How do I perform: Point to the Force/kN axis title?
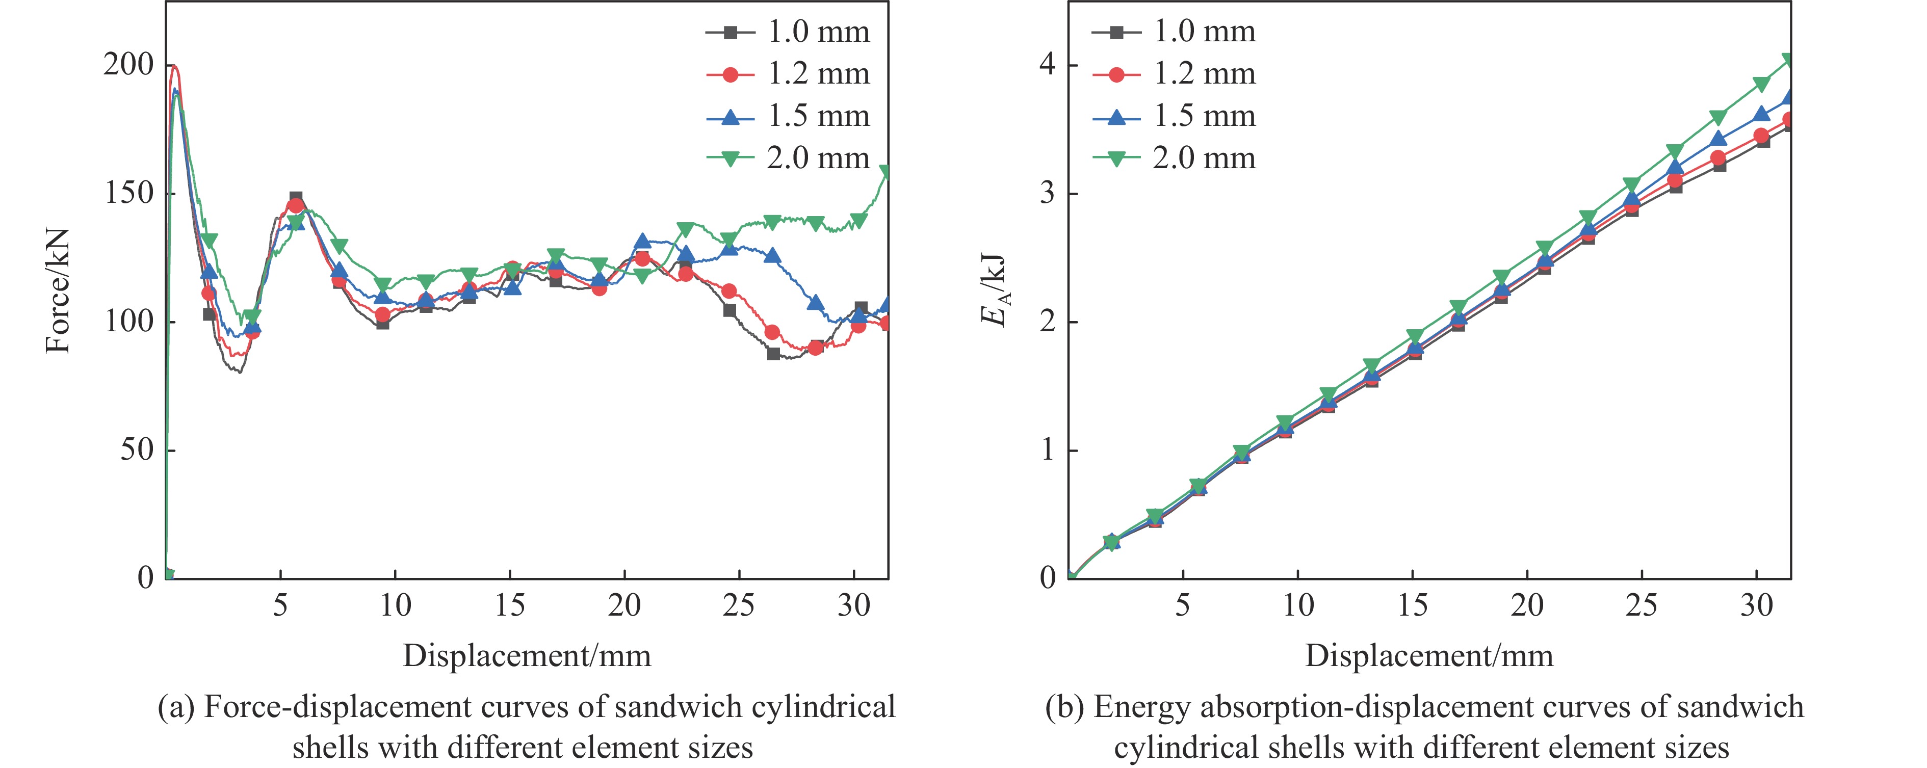coord(58,290)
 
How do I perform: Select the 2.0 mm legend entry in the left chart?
coord(789,158)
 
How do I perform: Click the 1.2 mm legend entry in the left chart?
coord(789,74)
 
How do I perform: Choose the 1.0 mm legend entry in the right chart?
coord(1175,32)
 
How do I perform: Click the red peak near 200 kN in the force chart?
coord(174,67)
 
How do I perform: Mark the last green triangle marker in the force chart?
coord(886,172)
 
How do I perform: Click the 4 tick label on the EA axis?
coord(1047,65)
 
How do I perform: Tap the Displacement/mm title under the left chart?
coord(527,656)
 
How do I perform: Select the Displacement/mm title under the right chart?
coord(1429,656)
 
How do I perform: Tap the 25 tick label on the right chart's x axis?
coord(1641,605)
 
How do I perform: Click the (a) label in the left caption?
coord(176,707)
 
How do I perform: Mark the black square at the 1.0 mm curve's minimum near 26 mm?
coord(773,354)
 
